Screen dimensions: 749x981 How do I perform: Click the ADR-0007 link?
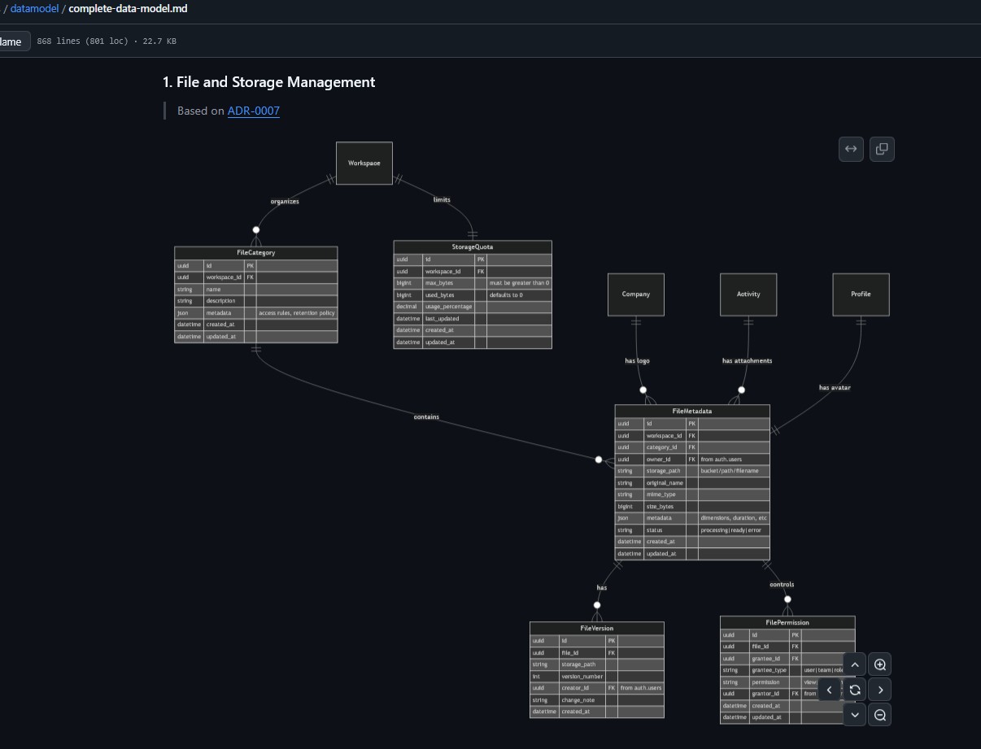click(x=253, y=111)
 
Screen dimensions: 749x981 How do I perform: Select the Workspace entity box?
click(x=364, y=163)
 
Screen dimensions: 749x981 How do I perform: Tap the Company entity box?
click(x=636, y=294)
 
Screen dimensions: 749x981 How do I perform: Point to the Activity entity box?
click(x=748, y=294)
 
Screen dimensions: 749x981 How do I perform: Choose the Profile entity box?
click(x=861, y=294)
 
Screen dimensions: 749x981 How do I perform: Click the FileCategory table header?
click(x=255, y=253)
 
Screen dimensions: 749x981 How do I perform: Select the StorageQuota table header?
click(x=473, y=246)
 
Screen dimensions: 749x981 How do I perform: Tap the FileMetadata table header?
click(x=692, y=412)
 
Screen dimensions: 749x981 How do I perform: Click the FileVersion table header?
click(x=597, y=629)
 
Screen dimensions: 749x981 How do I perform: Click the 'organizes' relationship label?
click(x=285, y=202)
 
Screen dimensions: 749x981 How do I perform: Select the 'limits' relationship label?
click(x=442, y=199)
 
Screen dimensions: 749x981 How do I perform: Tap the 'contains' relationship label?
click(x=426, y=417)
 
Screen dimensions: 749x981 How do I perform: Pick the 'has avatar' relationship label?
click(x=835, y=388)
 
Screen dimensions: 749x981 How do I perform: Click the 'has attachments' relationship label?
click(x=747, y=361)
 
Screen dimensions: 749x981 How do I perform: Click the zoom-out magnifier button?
click(x=880, y=715)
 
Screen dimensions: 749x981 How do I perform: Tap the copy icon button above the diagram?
click(x=882, y=149)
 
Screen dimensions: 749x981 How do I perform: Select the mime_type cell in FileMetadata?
click(x=661, y=494)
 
